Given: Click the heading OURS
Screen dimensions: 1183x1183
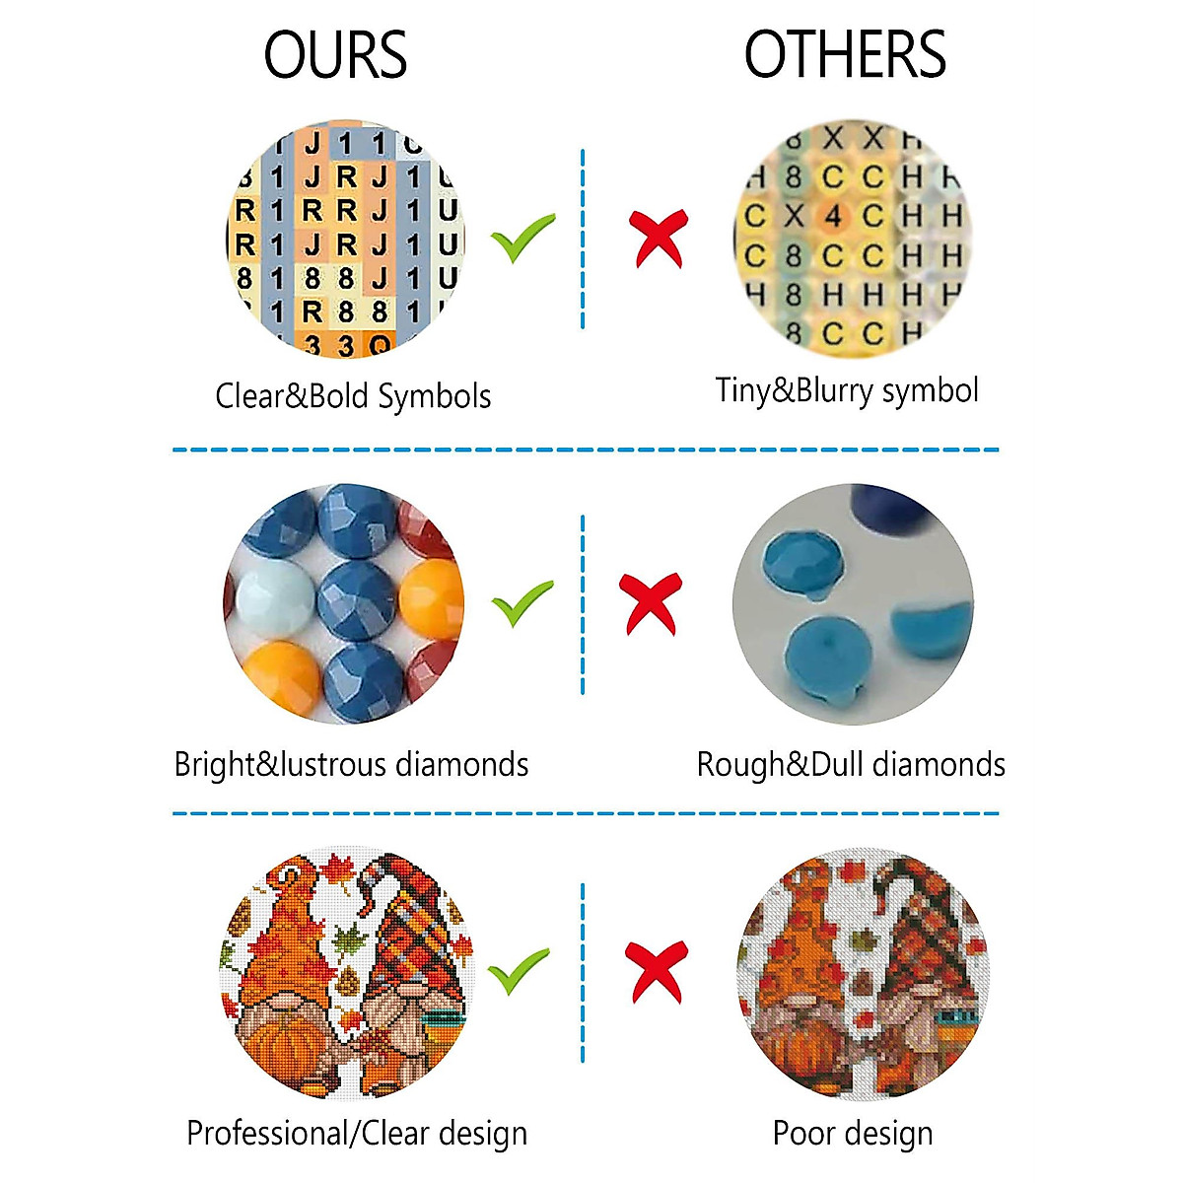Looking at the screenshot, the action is point(335,55).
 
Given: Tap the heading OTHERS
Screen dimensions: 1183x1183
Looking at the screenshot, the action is point(845,55).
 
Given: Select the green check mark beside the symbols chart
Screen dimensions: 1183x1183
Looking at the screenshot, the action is point(522,237).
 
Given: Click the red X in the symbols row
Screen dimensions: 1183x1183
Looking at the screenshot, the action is point(659,237).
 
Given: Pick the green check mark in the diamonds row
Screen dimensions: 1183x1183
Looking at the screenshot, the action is point(522,603).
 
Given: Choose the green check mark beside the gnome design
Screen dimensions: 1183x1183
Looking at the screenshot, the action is point(520,971).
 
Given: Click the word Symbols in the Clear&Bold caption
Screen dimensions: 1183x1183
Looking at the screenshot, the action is point(435,396).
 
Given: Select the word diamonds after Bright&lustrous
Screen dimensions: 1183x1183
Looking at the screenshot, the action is point(461,765).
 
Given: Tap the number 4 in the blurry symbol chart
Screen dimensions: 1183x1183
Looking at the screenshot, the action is point(833,216).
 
